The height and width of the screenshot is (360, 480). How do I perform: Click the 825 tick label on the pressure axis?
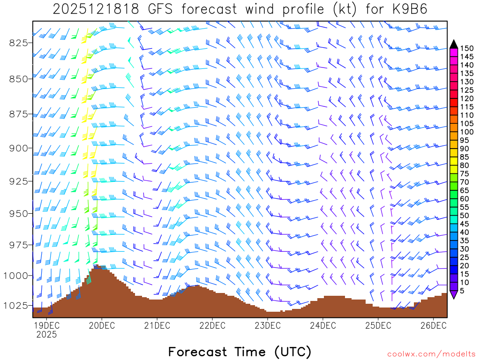pyautogui.click(x=18, y=43)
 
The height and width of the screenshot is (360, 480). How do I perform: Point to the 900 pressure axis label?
pyautogui.click(x=18, y=148)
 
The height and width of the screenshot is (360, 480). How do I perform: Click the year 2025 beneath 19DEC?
pyautogui.click(x=46, y=335)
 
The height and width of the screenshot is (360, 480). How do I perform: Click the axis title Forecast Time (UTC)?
pyautogui.click(x=240, y=352)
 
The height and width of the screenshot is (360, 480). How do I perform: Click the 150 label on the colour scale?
pyautogui.click(x=467, y=48)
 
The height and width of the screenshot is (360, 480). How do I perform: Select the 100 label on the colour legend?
pyautogui.click(x=467, y=132)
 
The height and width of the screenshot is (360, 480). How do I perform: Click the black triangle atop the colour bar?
pyautogui.click(x=453, y=44)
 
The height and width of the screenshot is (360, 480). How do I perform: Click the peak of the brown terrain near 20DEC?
pyautogui.click(x=97, y=266)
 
